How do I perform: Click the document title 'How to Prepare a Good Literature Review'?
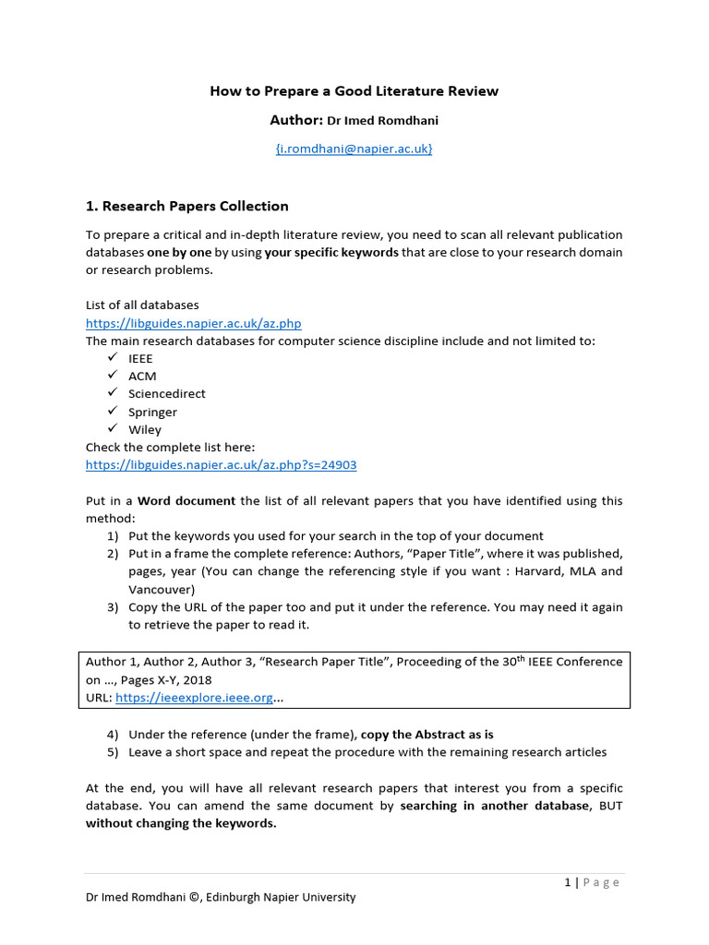pos(354,90)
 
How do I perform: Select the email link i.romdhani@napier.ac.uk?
pos(354,148)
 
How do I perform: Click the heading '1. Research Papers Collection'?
pos(187,206)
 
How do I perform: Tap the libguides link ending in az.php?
pos(193,323)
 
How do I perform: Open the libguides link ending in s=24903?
pos(221,465)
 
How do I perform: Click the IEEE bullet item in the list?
pos(140,358)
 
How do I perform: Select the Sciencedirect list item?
pos(166,394)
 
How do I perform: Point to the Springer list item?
pos(152,412)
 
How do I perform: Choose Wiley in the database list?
pos(145,429)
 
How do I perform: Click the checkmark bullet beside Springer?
pos(112,411)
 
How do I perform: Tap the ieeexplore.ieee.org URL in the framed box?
pos(194,698)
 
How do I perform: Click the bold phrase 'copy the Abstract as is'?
pos(427,735)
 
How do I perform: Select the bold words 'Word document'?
pos(186,501)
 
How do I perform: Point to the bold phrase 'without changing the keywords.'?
pos(181,823)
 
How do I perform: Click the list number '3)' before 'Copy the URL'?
pos(112,607)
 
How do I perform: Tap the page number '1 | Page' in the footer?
pos(592,882)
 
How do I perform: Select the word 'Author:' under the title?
pos(296,120)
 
